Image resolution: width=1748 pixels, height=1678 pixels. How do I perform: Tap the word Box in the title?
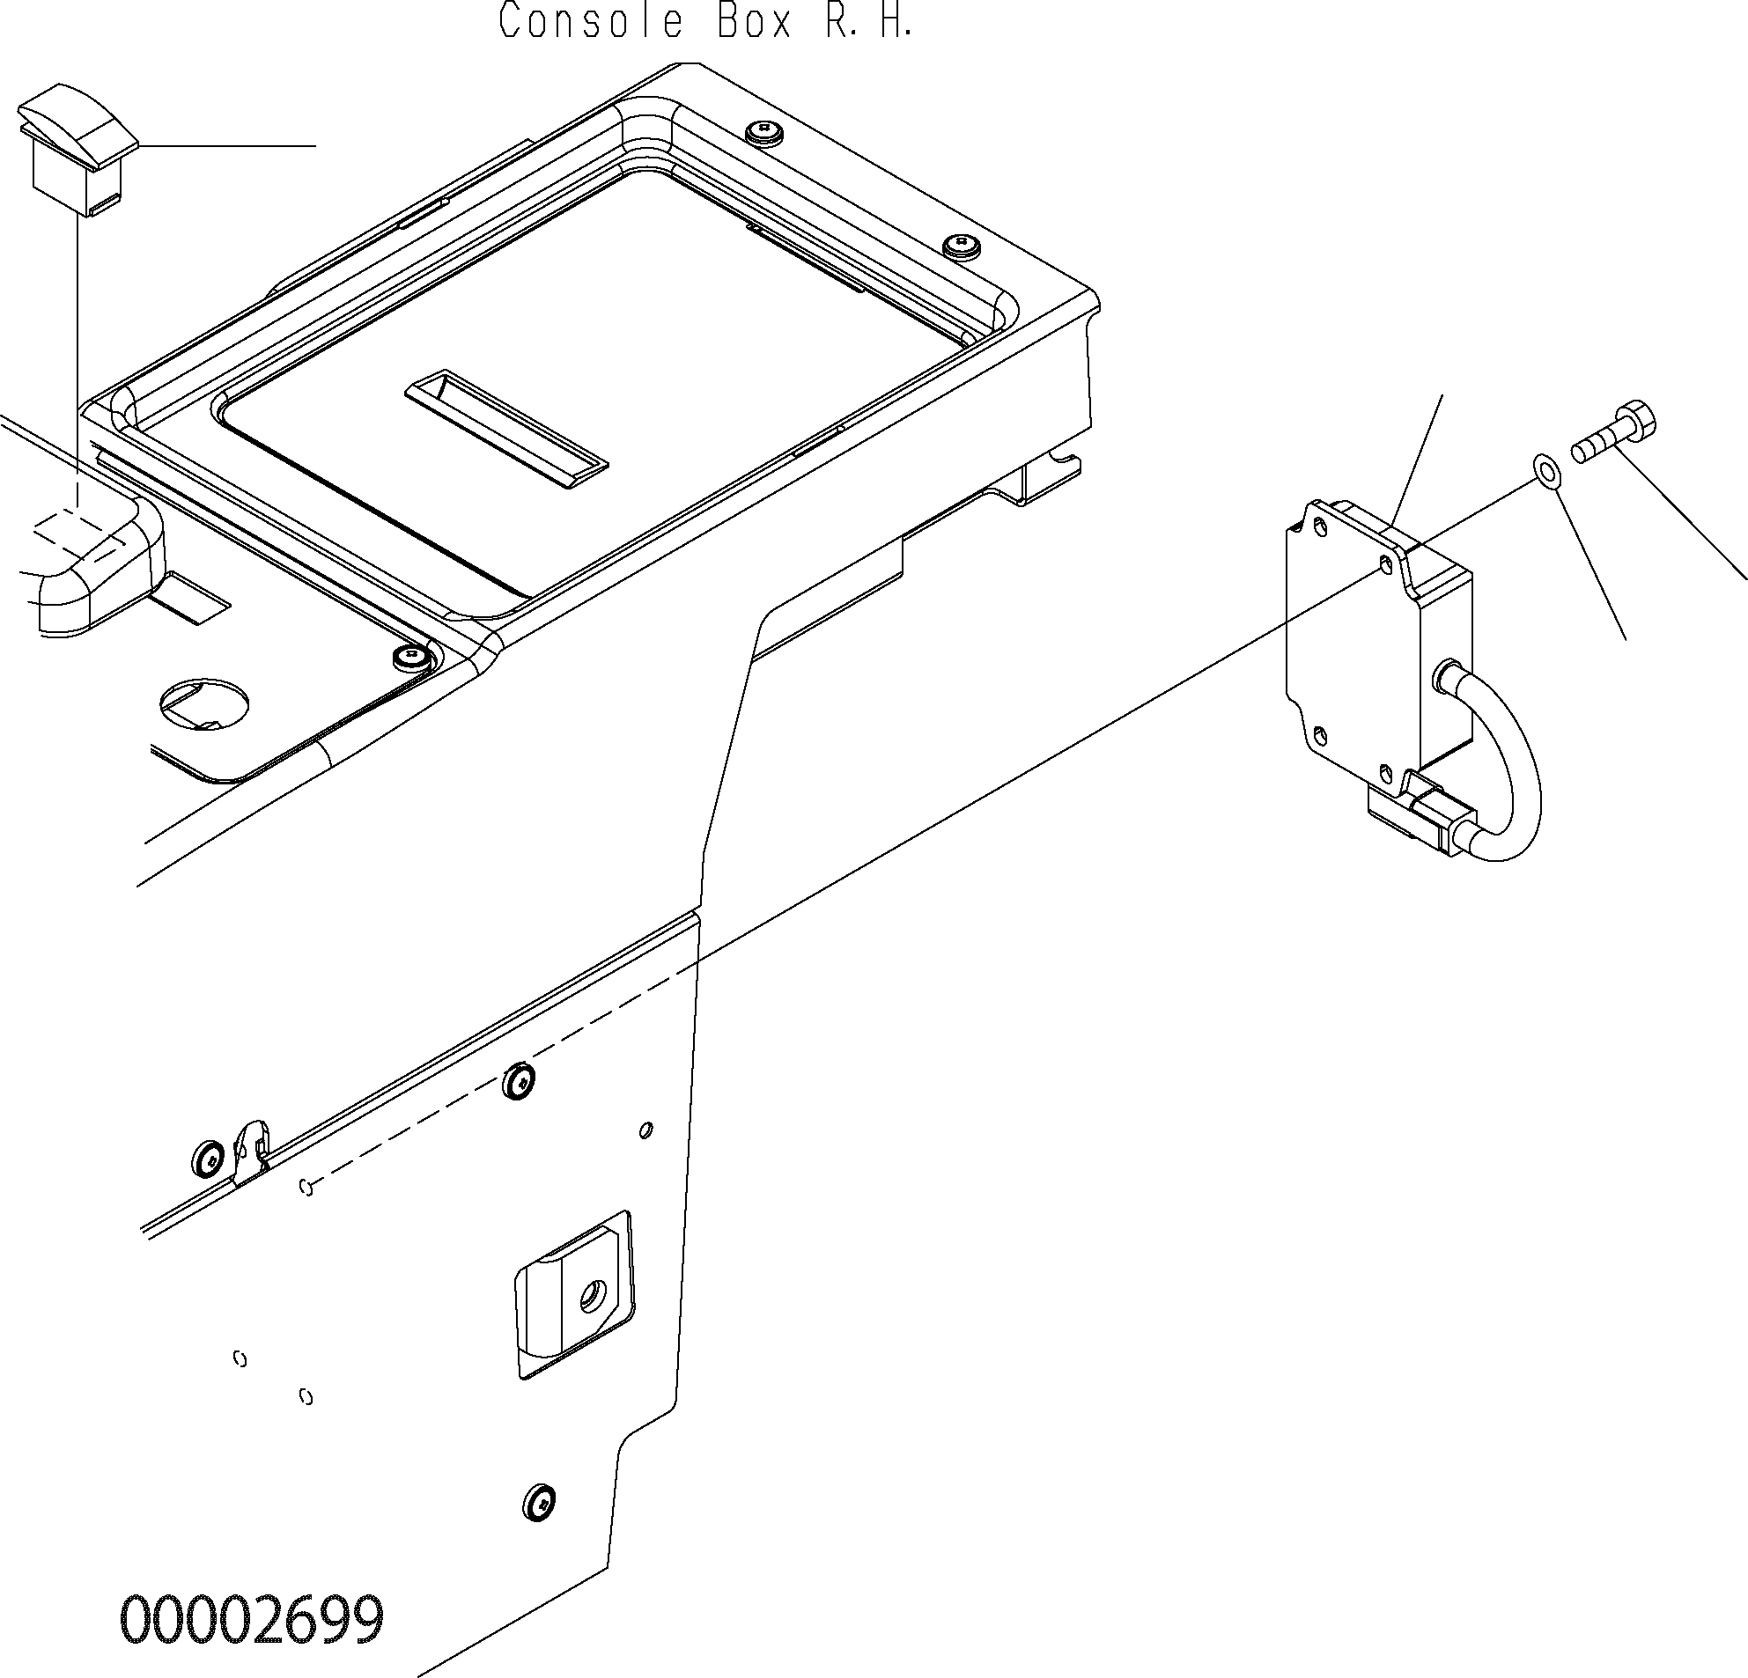coord(755,20)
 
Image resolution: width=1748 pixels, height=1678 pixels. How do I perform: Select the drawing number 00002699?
coord(253,1620)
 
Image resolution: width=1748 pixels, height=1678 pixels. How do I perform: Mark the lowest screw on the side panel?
coord(539,1504)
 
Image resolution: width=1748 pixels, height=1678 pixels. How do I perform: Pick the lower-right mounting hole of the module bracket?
coord(1385,771)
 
